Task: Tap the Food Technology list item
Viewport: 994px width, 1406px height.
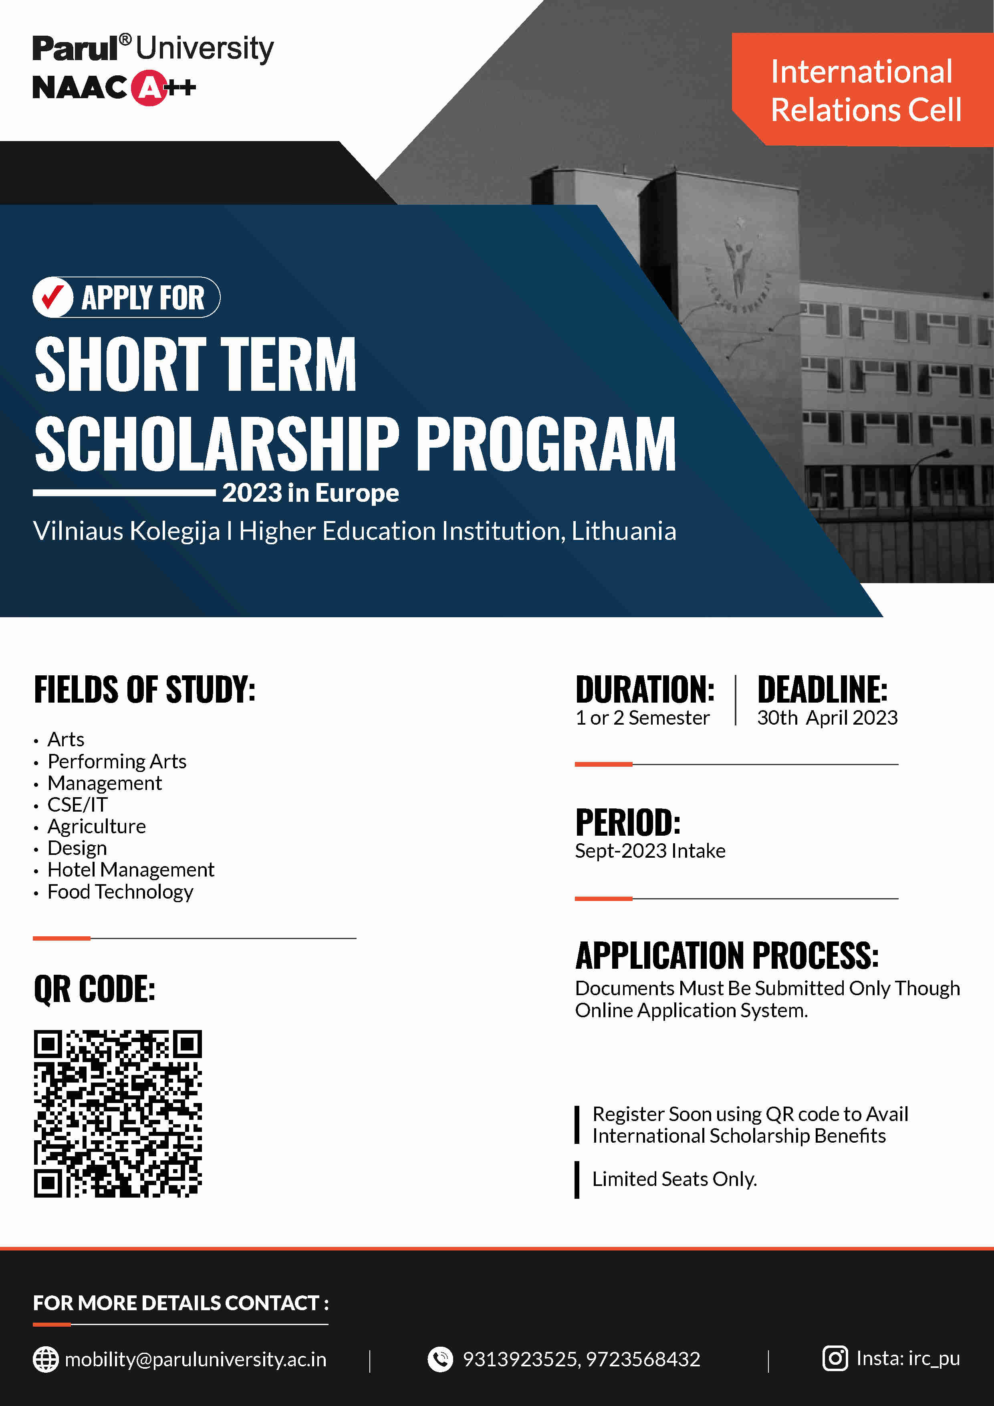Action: pyautogui.click(x=120, y=892)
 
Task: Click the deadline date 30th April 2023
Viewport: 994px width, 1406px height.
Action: pyautogui.click(x=827, y=718)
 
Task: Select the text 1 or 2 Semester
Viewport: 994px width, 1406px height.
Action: pyautogui.click(x=642, y=718)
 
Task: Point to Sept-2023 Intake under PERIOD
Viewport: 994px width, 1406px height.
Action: pyautogui.click(x=650, y=850)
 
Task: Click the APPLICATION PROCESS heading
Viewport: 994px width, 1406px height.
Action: pyautogui.click(x=726, y=955)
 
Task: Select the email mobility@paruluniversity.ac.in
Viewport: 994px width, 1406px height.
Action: pyautogui.click(x=195, y=1360)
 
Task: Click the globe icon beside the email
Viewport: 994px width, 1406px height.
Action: pyautogui.click(x=45, y=1360)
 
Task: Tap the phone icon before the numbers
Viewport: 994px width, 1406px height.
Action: pyautogui.click(x=440, y=1360)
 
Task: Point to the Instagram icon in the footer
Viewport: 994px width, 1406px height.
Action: pyautogui.click(x=835, y=1358)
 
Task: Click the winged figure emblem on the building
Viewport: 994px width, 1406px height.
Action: pyautogui.click(x=738, y=263)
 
